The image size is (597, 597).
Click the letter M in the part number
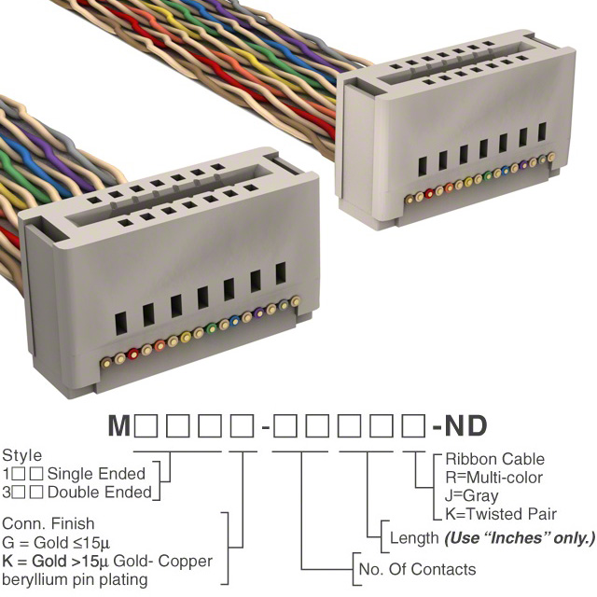[x=119, y=425]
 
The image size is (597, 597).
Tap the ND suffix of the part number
[x=465, y=425]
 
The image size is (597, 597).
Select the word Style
[x=21, y=456]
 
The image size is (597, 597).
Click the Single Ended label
[x=96, y=474]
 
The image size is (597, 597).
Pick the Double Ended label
[x=100, y=493]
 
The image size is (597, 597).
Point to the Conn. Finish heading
[x=48, y=524]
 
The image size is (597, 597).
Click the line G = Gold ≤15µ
[x=56, y=543]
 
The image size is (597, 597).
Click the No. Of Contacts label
[x=417, y=570]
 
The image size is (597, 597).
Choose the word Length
[x=414, y=538]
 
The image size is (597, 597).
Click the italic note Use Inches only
[x=520, y=538]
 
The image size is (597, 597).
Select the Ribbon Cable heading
[x=495, y=459]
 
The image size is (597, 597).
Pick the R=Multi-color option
[x=493, y=478]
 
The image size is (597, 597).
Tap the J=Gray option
[x=472, y=496]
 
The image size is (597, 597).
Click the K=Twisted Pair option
[x=501, y=514]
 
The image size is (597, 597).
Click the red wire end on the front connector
[x=132, y=354]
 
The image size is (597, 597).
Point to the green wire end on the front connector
[x=212, y=328]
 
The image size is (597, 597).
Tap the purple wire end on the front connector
[x=259, y=312]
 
